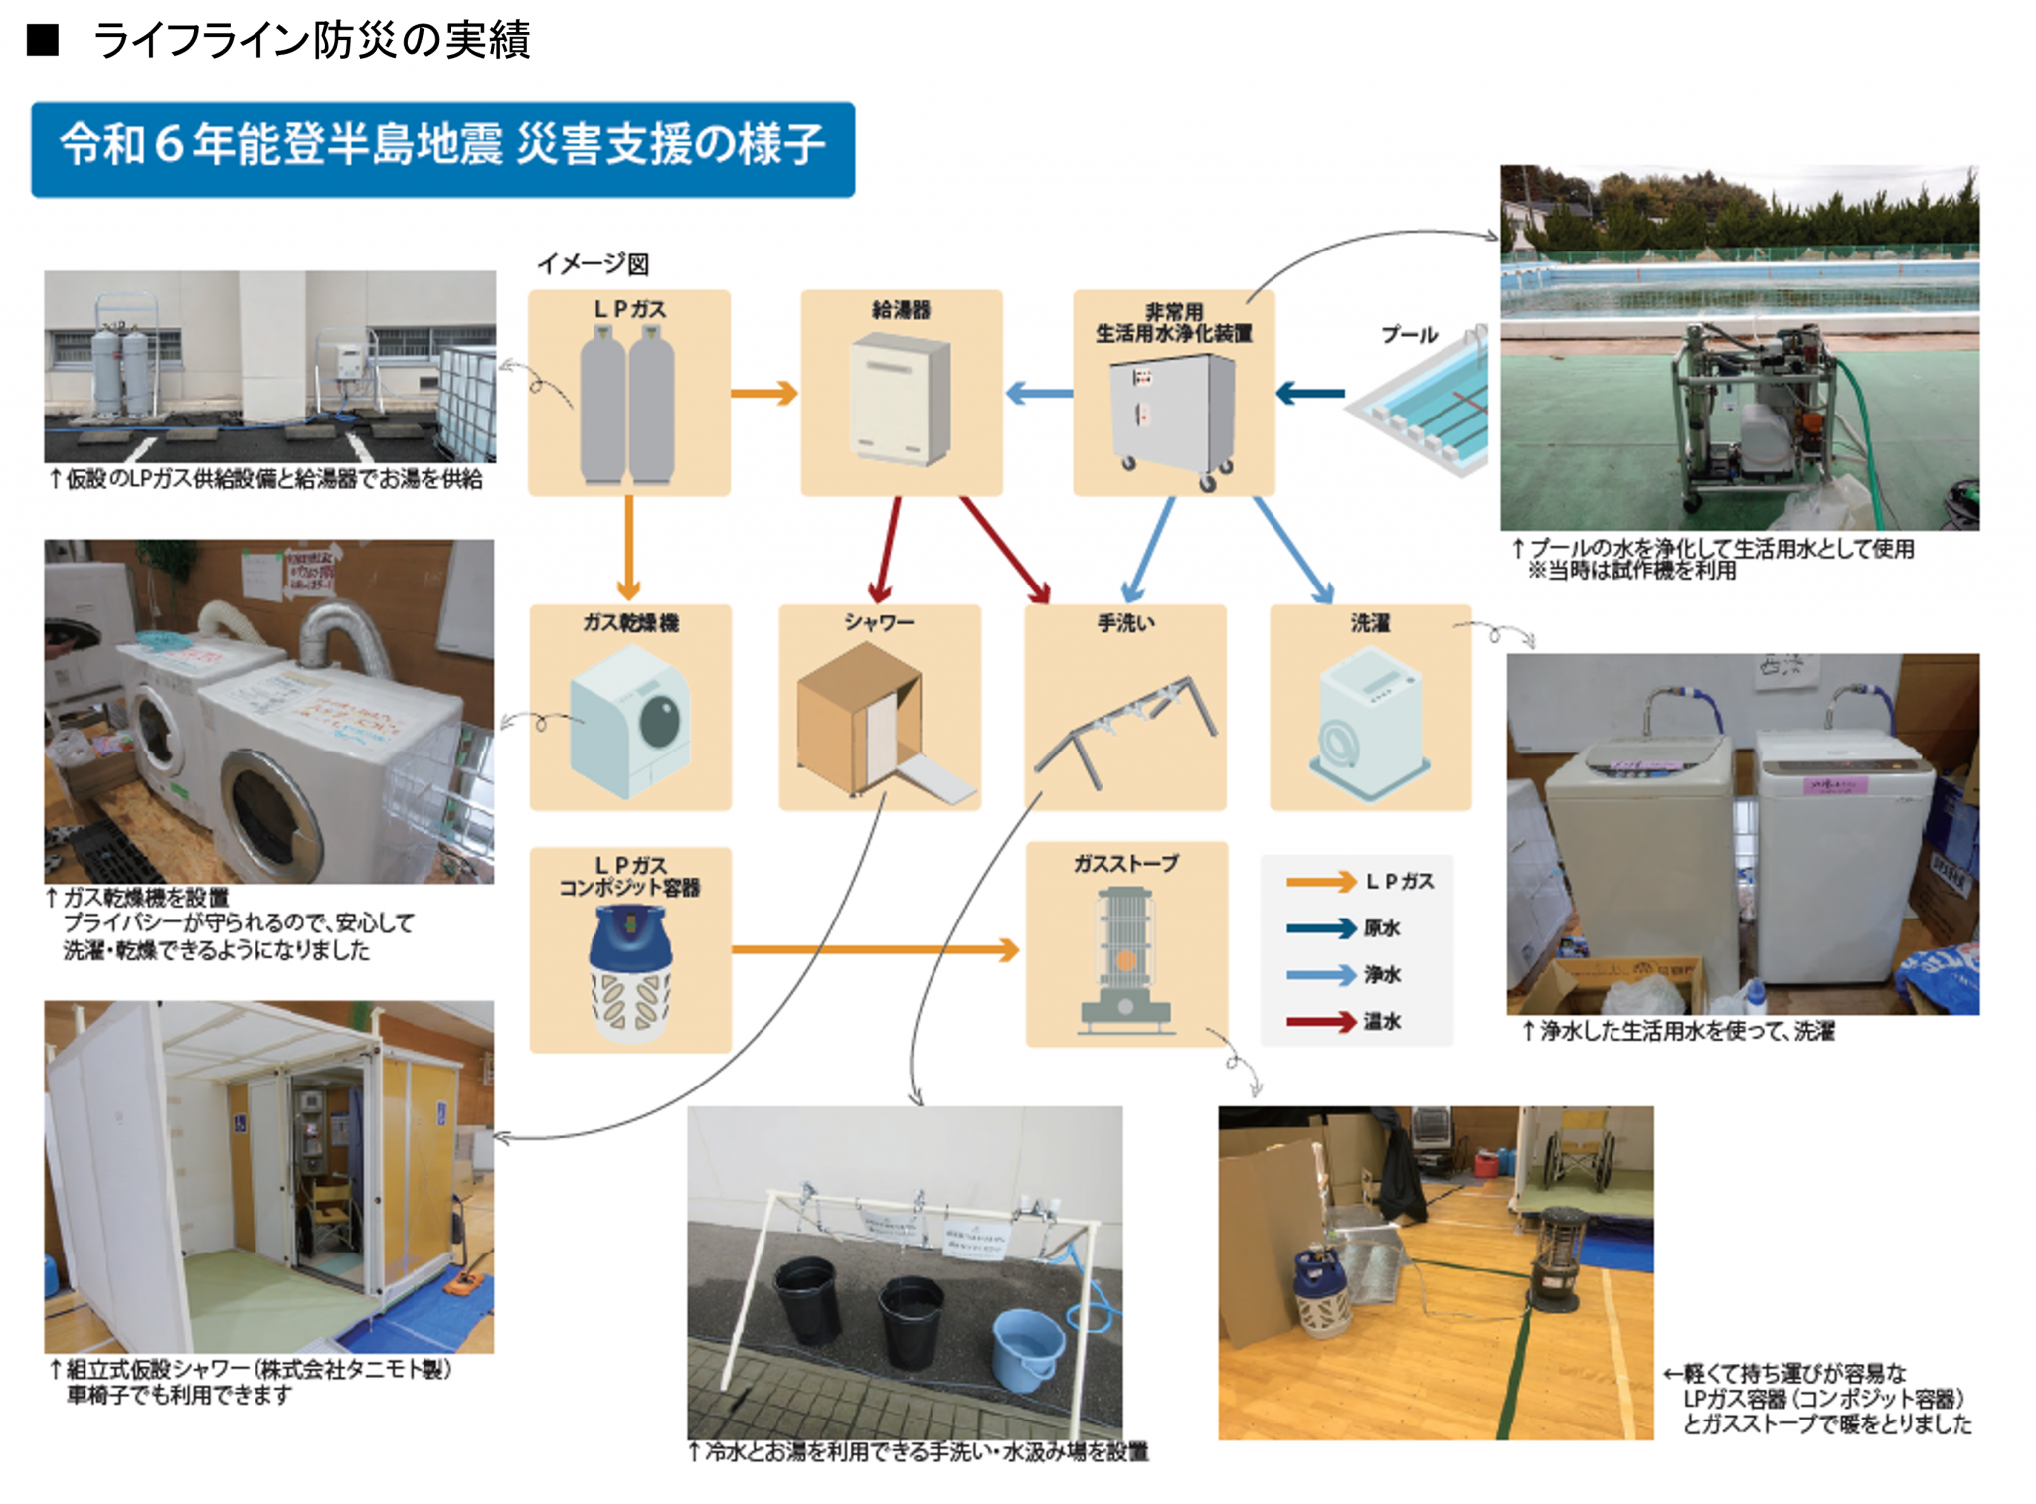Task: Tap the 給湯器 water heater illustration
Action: coord(901,399)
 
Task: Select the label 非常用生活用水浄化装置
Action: coord(1173,323)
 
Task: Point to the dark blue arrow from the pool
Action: coord(1310,394)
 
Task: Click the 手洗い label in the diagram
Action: coord(1125,623)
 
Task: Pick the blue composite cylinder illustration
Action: coord(629,974)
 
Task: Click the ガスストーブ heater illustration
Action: coord(1125,959)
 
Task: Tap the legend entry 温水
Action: coord(1382,1021)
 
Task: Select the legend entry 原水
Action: coord(1382,928)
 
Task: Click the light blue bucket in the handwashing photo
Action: coord(1027,1348)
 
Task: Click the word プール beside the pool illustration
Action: coord(1409,335)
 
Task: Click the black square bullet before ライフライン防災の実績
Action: coord(43,41)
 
